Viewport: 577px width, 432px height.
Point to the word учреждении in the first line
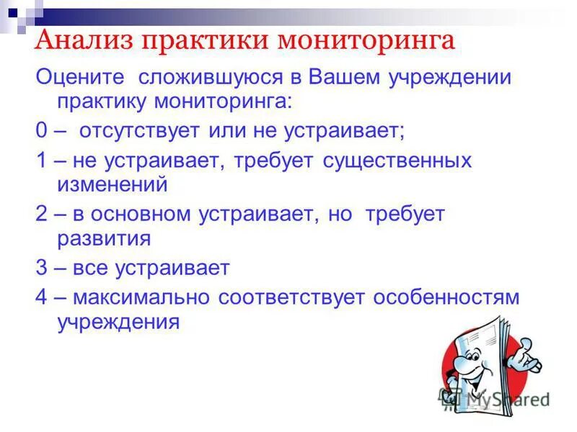[452, 77]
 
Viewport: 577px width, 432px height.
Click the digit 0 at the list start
[40, 132]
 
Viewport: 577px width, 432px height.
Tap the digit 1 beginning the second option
[40, 160]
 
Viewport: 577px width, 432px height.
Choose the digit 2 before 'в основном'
[40, 214]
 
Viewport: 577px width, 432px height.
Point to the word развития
[104, 238]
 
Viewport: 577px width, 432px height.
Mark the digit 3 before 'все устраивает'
[40, 268]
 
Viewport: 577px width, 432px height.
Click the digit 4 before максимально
[40, 297]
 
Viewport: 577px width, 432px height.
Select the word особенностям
[446, 297]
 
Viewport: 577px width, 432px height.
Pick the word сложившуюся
[201, 77]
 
